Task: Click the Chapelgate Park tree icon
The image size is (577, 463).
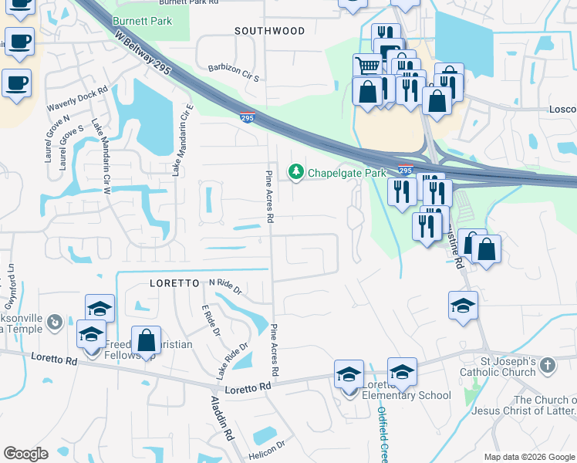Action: coord(295,172)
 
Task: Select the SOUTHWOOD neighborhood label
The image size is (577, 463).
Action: coord(270,31)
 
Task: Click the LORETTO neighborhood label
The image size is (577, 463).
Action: coord(175,283)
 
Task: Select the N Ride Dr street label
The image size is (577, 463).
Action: coord(225,287)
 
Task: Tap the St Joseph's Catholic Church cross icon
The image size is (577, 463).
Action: coord(548,365)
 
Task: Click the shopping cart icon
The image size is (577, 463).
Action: coord(367,66)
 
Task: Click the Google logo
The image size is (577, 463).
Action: coord(25,453)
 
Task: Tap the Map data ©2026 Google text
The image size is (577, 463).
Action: coord(528,456)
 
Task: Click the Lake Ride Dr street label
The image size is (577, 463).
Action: coord(231,361)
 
